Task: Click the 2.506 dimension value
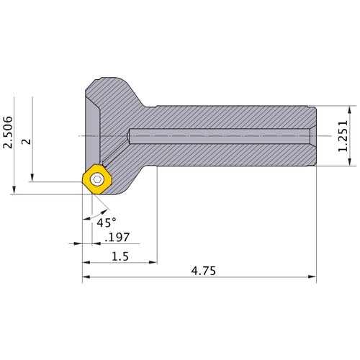coord(9,134)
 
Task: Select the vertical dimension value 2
coord(27,141)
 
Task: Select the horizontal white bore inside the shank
coord(216,135)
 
